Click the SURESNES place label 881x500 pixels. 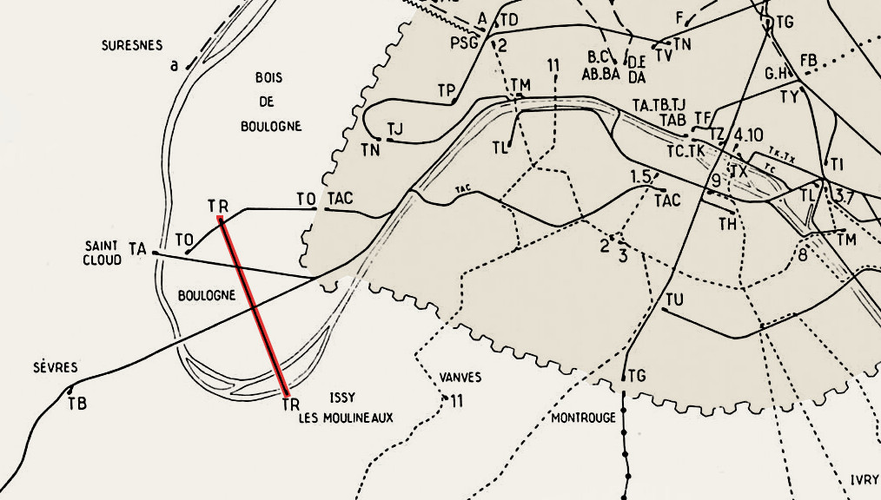tap(131, 45)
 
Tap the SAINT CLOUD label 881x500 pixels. tap(103, 253)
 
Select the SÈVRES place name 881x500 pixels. tap(56, 367)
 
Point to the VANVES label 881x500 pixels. tap(460, 378)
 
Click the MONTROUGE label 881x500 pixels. tap(583, 418)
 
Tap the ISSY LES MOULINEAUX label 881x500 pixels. tap(345, 409)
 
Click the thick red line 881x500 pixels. tap(253, 307)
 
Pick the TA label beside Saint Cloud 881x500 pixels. tap(137, 249)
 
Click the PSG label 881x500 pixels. tap(465, 44)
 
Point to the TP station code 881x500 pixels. tap(447, 89)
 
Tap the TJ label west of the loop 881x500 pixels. tap(395, 129)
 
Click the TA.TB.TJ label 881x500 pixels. tap(659, 105)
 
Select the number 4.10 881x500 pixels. tap(748, 135)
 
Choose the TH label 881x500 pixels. tap(727, 223)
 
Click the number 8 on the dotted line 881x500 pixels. tap(802, 254)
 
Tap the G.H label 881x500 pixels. tap(775, 74)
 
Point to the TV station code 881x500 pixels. tap(664, 55)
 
